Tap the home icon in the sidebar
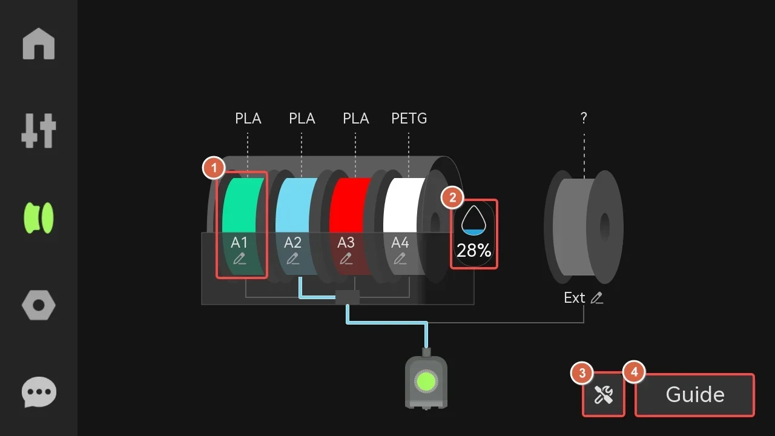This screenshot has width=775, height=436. (x=39, y=44)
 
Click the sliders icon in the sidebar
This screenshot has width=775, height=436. (x=39, y=130)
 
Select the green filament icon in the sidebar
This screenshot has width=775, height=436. (x=39, y=218)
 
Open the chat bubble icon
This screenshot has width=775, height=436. (x=39, y=392)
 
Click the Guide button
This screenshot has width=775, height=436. (x=695, y=395)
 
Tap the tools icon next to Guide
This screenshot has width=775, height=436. (x=604, y=395)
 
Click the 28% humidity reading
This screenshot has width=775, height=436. (x=473, y=251)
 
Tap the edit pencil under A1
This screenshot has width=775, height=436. (x=240, y=259)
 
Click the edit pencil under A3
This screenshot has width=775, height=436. (x=346, y=259)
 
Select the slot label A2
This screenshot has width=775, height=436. (x=293, y=243)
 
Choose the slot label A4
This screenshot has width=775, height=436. (x=400, y=243)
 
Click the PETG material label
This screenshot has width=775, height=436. (x=409, y=119)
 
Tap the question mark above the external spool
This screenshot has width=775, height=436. (x=584, y=119)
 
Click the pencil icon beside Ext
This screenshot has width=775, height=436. (x=598, y=298)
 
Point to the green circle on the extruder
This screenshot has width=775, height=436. (x=426, y=381)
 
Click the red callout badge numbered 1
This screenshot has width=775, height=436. (x=214, y=168)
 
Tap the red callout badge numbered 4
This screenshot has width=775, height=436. (x=634, y=372)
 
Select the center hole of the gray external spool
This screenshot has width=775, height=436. (x=604, y=227)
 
